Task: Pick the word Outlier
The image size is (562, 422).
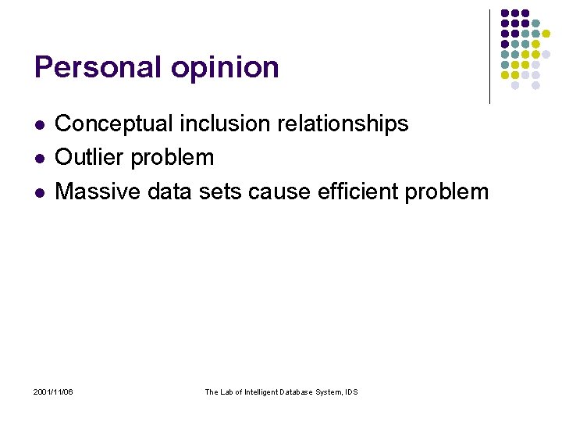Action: coord(90,157)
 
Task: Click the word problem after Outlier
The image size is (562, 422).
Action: coord(172,159)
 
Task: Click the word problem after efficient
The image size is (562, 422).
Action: coord(452,192)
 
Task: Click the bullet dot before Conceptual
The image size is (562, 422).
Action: coord(39,124)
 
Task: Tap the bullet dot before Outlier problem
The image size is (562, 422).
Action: coord(39,158)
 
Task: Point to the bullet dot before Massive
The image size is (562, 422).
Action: coord(39,191)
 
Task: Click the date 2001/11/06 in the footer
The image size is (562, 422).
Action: coord(54,392)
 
